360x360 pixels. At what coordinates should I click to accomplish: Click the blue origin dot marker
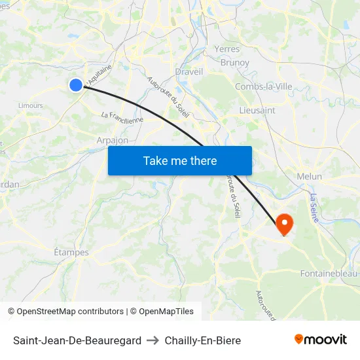point(76,84)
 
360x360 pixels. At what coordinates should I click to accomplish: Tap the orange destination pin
point(285,225)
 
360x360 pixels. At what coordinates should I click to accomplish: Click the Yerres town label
point(226,48)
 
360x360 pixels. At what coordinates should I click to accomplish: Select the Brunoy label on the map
point(235,63)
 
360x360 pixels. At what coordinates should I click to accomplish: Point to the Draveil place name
point(189,72)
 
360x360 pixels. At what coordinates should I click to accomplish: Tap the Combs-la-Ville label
point(263,86)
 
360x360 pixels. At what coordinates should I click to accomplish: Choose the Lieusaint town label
point(257,110)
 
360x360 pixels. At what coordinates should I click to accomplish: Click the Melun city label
point(309,176)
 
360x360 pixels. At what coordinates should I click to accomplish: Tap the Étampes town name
point(71,252)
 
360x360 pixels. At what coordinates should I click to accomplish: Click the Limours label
point(31,105)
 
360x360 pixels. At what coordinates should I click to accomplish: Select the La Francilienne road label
point(122,117)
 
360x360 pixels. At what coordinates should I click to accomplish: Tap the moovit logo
point(321,339)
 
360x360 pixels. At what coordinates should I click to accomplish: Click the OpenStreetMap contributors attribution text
point(65,312)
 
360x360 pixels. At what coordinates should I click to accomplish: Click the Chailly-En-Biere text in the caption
point(203,340)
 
